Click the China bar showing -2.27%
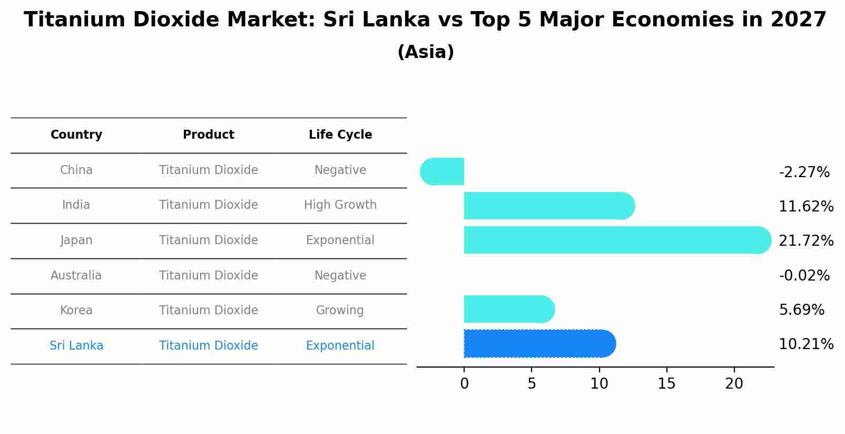(443, 171)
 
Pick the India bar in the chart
(548, 206)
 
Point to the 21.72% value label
(806, 241)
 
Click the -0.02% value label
(804, 276)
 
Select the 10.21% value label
(806, 344)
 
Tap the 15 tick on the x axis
(666, 384)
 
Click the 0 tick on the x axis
(464, 384)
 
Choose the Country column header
(76, 135)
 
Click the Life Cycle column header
(340, 135)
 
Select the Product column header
(209, 135)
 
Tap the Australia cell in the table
(76, 276)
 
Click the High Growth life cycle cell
(340, 205)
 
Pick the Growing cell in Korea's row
(340, 311)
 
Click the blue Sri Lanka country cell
(76, 346)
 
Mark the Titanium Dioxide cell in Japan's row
(209, 240)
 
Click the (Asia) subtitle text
(426, 52)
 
